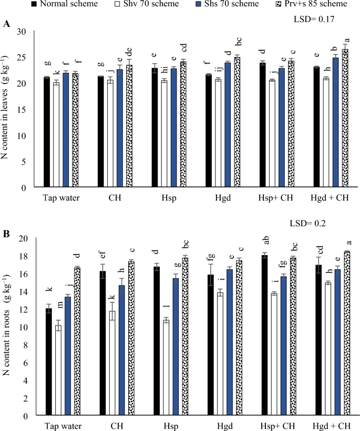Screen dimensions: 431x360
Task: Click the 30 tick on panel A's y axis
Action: (x=22, y=31)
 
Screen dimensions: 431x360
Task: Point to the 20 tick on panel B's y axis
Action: (x=22, y=238)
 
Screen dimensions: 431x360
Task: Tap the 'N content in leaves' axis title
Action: (x=9, y=109)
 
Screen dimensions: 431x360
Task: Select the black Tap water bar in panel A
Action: (x=47, y=132)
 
